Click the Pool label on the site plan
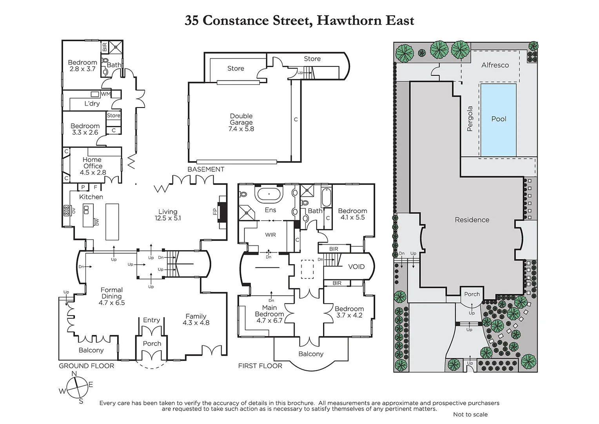tap(499, 119)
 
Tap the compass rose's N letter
tap(74, 374)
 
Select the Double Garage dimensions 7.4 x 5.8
tap(241, 129)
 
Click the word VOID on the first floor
tap(356, 267)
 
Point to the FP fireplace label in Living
tap(215, 212)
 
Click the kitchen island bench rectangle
tap(112, 221)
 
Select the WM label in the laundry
tap(106, 94)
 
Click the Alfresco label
tap(495, 65)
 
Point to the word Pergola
tap(470, 119)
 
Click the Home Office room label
tap(92, 163)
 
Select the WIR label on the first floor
tap(270, 235)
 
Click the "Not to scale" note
tap(470, 414)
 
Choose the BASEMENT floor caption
tap(206, 169)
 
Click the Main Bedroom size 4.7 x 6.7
tap(269, 320)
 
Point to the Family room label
tap(196, 316)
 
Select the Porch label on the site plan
tap(472, 294)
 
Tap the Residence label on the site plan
tap(472, 220)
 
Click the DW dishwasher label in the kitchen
tap(97, 222)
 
